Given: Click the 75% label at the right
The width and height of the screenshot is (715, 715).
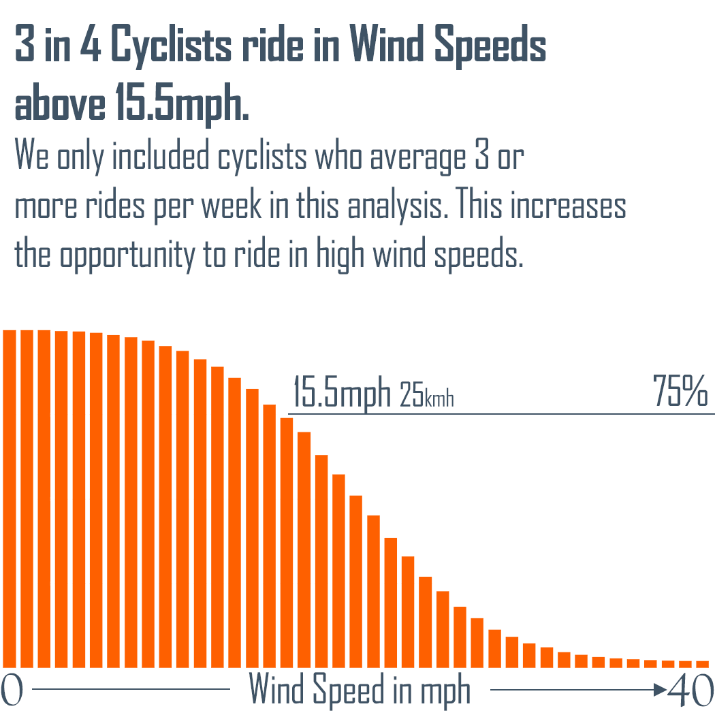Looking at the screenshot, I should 680,392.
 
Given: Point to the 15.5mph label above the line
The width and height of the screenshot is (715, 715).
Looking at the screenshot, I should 342,393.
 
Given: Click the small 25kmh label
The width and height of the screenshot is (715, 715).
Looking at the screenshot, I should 427,396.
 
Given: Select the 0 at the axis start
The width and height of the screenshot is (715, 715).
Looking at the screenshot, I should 12,690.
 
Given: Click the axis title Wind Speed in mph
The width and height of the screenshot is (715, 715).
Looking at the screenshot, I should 360,690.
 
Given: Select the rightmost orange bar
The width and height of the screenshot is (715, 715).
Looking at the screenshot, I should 703,663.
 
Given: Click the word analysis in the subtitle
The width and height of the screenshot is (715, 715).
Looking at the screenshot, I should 393,206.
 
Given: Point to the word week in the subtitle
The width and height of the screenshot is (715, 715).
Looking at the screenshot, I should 231,206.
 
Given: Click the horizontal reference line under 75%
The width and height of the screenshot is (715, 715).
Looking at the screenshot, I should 500,413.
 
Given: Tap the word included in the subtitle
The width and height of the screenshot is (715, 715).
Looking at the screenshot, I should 161,157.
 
